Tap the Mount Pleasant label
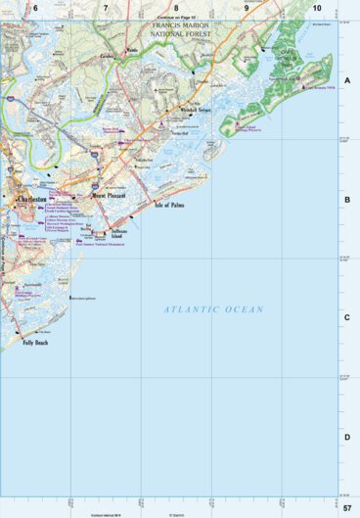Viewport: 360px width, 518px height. pos(111,195)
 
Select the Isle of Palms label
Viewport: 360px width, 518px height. pos(170,206)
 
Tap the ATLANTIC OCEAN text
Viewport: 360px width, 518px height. pos(213,309)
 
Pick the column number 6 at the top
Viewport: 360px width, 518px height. pos(35,8)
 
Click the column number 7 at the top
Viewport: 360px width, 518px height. pos(106,8)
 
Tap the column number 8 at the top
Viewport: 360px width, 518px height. pos(176,8)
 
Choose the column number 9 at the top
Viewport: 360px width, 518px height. pos(247,8)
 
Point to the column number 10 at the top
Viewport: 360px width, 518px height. pos(316,8)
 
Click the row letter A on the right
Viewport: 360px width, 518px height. pos(347,81)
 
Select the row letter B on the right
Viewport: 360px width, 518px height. pos(347,200)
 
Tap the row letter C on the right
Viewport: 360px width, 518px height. pos(347,318)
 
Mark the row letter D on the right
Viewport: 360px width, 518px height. pos(347,437)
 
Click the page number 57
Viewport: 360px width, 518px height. pos(347,508)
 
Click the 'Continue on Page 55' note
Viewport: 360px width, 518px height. pos(176,18)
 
